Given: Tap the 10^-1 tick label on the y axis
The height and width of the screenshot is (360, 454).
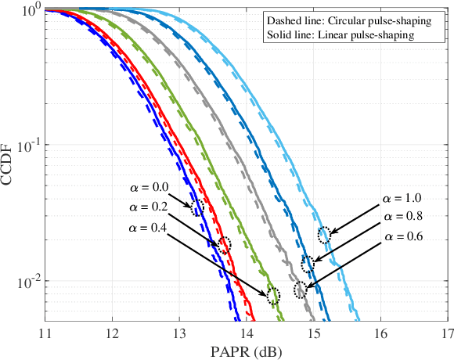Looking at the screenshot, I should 28,146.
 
